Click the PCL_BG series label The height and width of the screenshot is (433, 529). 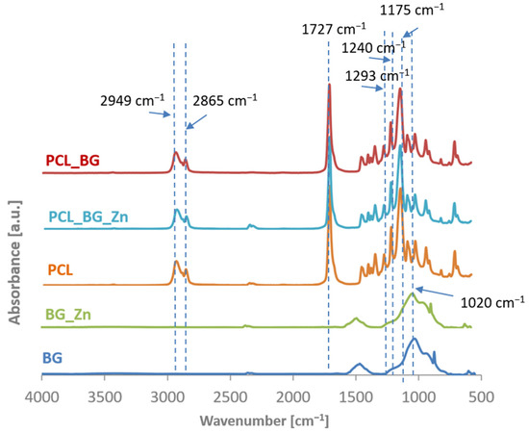point(72,161)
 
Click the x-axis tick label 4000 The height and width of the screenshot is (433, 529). point(41,395)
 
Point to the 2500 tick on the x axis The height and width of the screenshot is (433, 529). point(230,395)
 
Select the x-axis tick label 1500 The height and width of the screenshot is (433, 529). point(355,395)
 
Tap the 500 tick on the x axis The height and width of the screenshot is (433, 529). point(481,395)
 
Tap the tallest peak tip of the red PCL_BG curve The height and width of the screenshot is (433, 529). point(330,86)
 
